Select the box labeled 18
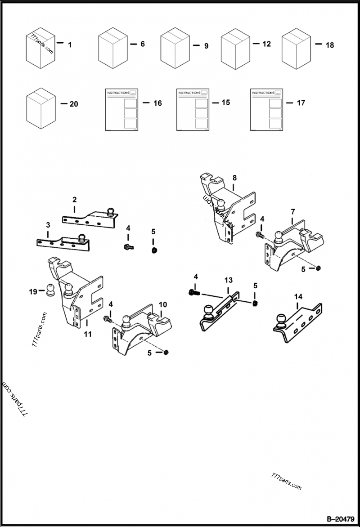click(x=296, y=48)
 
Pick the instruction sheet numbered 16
click(x=121, y=110)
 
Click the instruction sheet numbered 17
click(x=267, y=110)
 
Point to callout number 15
click(x=225, y=103)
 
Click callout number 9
click(x=206, y=46)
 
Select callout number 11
click(x=88, y=334)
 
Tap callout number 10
click(x=162, y=304)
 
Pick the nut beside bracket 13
click(x=255, y=303)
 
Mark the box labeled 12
click(x=235, y=49)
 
